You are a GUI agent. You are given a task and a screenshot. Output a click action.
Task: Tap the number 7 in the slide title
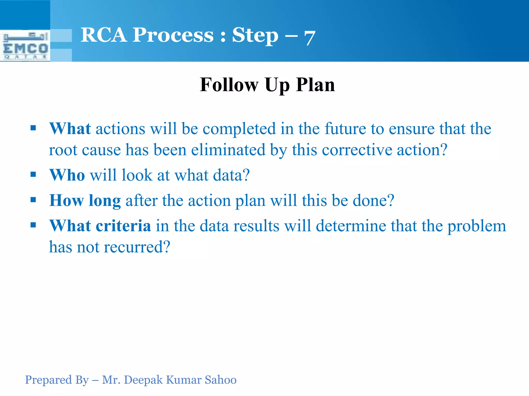pos(309,38)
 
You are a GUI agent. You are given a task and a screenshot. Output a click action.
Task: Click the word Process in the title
pos(173,35)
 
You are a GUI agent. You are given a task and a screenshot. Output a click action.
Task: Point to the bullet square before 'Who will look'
pos(33,175)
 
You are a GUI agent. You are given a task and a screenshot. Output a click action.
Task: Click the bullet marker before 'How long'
pos(33,200)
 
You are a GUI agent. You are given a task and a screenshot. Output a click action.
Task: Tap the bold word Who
pos(67,175)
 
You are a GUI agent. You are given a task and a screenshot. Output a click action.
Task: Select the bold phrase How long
pos(85,201)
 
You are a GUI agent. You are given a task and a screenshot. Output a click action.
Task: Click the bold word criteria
pos(123,226)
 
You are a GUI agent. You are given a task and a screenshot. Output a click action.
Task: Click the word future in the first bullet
pos(345,129)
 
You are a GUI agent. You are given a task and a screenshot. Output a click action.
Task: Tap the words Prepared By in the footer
pos(57,380)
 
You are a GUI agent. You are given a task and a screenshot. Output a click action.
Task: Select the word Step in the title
pos(255,35)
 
